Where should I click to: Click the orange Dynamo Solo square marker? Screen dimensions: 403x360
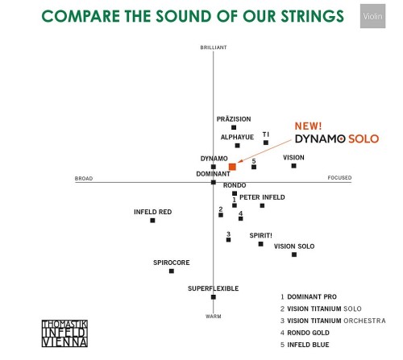[232, 167]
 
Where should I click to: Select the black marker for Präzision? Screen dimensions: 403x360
[234, 127]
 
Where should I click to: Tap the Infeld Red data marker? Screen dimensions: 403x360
[152, 221]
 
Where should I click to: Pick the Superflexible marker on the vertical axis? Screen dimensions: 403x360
[214, 297]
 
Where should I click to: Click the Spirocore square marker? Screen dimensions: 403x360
[172, 271]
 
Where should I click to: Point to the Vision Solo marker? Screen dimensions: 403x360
[294, 254]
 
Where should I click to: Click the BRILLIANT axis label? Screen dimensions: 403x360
[214, 48]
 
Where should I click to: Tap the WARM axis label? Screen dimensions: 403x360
[214, 317]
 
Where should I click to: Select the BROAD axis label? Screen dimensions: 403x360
[84, 179]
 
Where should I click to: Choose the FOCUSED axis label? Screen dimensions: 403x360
[339, 178]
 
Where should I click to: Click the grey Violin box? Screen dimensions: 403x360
[373, 16]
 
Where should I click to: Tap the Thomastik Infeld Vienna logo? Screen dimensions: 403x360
[64, 333]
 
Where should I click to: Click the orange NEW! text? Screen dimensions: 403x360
[308, 126]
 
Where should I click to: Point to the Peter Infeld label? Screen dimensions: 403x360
[262, 197]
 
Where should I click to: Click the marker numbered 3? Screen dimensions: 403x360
[228, 240]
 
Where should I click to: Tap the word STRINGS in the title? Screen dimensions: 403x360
[313, 16]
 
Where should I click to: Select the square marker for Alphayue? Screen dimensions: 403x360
[238, 146]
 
